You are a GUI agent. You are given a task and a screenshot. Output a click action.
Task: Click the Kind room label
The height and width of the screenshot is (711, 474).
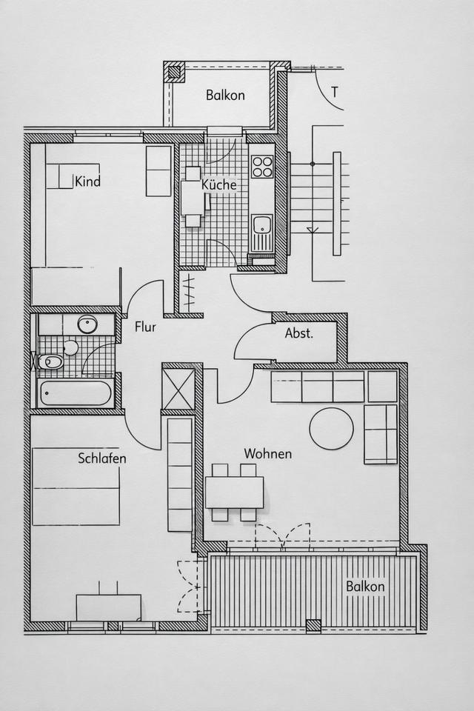coord(87,181)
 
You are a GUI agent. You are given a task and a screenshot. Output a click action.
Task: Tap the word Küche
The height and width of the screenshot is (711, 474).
coord(219,185)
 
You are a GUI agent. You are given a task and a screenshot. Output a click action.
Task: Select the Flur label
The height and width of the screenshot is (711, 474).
coord(145,327)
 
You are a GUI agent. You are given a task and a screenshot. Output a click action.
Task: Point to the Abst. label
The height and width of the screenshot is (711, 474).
coord(299,333)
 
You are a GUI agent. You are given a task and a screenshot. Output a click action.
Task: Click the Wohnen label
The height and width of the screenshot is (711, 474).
coord(267,453)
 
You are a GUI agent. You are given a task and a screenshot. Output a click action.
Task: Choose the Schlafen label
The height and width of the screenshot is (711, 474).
coord(102,458)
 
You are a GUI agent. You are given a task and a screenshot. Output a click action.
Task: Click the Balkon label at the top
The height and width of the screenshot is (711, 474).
coord(225,95)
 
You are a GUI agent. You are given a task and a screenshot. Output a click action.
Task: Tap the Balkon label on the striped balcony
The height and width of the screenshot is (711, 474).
coord(365,587)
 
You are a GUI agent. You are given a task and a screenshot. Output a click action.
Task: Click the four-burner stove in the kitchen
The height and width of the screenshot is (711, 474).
coord(262,167)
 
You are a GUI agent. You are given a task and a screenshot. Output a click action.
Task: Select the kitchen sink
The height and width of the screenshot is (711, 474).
coord(261,226)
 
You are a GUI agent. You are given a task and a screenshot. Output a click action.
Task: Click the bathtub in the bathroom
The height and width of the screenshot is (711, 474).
coord(76,393)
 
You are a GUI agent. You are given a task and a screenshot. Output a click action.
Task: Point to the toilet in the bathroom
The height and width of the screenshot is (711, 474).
coord(51,362)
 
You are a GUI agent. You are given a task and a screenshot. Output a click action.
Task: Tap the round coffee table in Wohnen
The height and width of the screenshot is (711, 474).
coord(331,428)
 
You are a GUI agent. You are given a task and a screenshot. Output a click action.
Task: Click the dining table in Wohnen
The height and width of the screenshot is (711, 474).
coord(234,491)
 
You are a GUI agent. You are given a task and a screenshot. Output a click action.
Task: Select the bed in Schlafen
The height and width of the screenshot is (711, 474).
coord(76,487)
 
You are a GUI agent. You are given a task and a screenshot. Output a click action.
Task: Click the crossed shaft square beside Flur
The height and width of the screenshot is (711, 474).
coord(178,387)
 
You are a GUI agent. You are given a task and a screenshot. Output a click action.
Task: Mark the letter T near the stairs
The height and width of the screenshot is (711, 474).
coord(335,93)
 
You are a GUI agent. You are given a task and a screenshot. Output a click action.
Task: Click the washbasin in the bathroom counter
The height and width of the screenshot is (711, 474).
coord(87,324)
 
